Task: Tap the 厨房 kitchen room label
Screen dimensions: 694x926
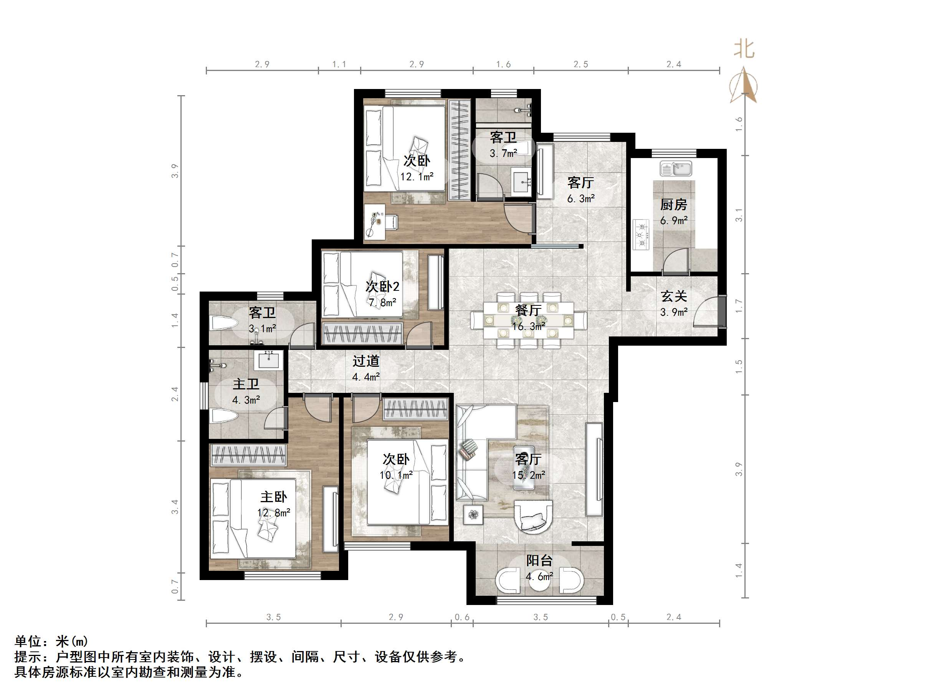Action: (673, 204)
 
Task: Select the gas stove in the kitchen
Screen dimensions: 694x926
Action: (641, 235)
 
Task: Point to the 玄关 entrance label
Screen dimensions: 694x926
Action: (673, 296)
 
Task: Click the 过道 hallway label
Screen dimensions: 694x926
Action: (365, 361)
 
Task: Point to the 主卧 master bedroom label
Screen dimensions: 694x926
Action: (273, 496)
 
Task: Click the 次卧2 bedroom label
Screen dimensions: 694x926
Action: (382, 287)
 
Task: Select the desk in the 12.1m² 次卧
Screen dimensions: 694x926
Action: (375, 222)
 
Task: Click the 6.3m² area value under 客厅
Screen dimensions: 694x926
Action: (580, 199)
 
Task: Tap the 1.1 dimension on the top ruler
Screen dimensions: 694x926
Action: (339, 64)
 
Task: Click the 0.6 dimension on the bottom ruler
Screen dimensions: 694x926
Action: (462, 617)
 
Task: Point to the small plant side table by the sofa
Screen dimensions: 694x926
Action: (473, 514)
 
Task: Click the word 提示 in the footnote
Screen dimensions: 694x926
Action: (28, 656)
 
